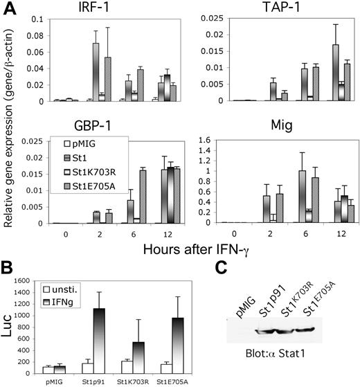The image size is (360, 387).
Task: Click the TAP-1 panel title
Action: [x=267, y=9]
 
